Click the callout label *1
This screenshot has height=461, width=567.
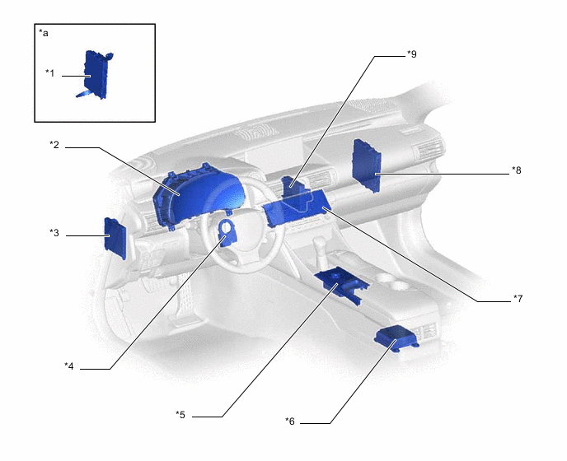click(x=50, y=73)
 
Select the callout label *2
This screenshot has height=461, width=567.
click(x=54, y=145)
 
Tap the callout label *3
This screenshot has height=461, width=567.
click(x=54, y=233)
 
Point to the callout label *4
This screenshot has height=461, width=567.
click(x=69, y=366)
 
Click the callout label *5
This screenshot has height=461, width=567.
click(x=180, y=414)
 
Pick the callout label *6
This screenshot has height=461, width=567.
click(x=290, y=421)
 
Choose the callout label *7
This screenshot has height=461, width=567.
click(x=518, y=299)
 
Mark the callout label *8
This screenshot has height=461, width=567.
click(x=517, y=170)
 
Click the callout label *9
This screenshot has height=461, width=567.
click(x=412, y=54)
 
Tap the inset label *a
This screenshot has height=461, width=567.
click(x=44, y=33)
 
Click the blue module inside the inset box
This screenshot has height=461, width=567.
click(x=95, y=75)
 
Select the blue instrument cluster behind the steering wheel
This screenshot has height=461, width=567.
click(x=197, y=195)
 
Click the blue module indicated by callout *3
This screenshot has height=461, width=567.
click(x=115, y=238)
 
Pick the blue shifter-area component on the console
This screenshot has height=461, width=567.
click(x=342, y=285)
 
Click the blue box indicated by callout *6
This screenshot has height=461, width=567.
click(x=396, y=338)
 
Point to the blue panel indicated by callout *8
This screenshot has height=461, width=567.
click(x=367, y=165)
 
